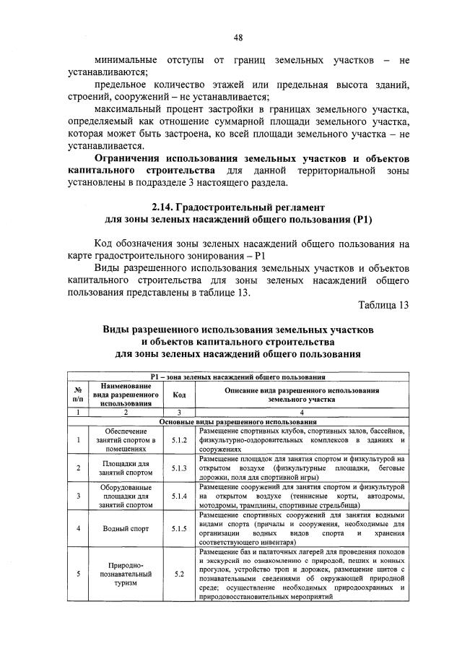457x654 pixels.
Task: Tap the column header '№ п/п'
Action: (77, 395)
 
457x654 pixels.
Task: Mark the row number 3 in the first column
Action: (77, 496)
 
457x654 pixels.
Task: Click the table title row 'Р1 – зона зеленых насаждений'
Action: (238, 377)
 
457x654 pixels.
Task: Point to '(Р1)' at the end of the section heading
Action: (362, 219)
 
